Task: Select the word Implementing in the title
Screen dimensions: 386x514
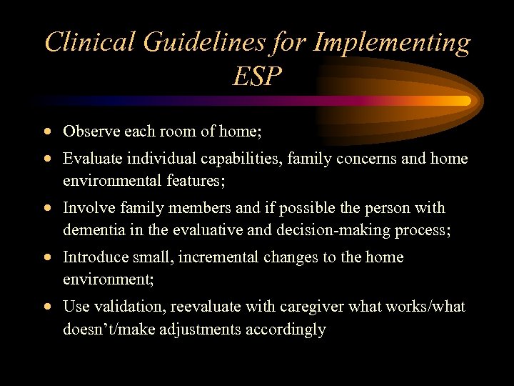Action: [x=391, y=42]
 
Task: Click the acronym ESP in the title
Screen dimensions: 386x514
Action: [x=257, y=76]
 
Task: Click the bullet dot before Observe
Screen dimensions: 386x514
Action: [x=47, y=132]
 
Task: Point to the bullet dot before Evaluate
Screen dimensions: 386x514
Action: [x=47, y=159]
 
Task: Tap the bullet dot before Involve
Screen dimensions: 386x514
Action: [x=47, y=209]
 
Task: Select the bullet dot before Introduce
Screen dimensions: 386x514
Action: [x=47, y=258]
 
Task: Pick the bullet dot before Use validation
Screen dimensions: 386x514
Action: [x=47, y=307]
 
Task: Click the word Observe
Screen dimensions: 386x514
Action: [x=89, y=132]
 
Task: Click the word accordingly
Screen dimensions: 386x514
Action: [x=286, y=329]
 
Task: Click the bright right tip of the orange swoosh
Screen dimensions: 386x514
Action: [x=464, y=101]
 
